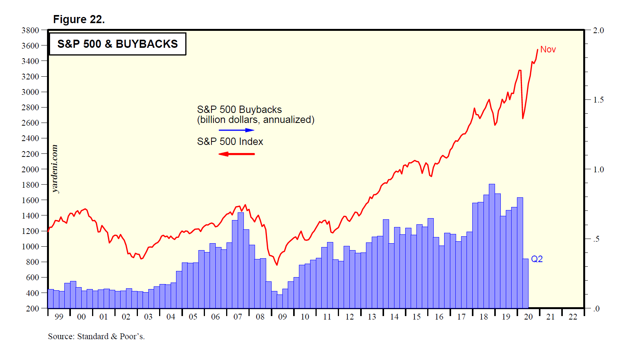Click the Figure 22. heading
(79, 19)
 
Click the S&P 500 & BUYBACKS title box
(117, 44)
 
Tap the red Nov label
(548, 49)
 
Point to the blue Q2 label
(537, 259)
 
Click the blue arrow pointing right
(237, 130)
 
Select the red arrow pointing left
(237, 154)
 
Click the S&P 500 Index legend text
(230, 142)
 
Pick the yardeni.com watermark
(55, 169)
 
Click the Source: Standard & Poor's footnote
(96, 336)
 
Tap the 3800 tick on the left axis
(30, 30)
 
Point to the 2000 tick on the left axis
(30, 169)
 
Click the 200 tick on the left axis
(33, 308)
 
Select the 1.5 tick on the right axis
(598, 100)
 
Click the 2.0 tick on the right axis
(598, 30)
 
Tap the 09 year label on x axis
(282, 317)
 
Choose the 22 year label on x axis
(573, 317)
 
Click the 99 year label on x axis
(59, 317)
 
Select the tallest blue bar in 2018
(492, 247)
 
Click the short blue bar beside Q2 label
(525, 283)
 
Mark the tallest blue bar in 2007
(241, 260)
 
